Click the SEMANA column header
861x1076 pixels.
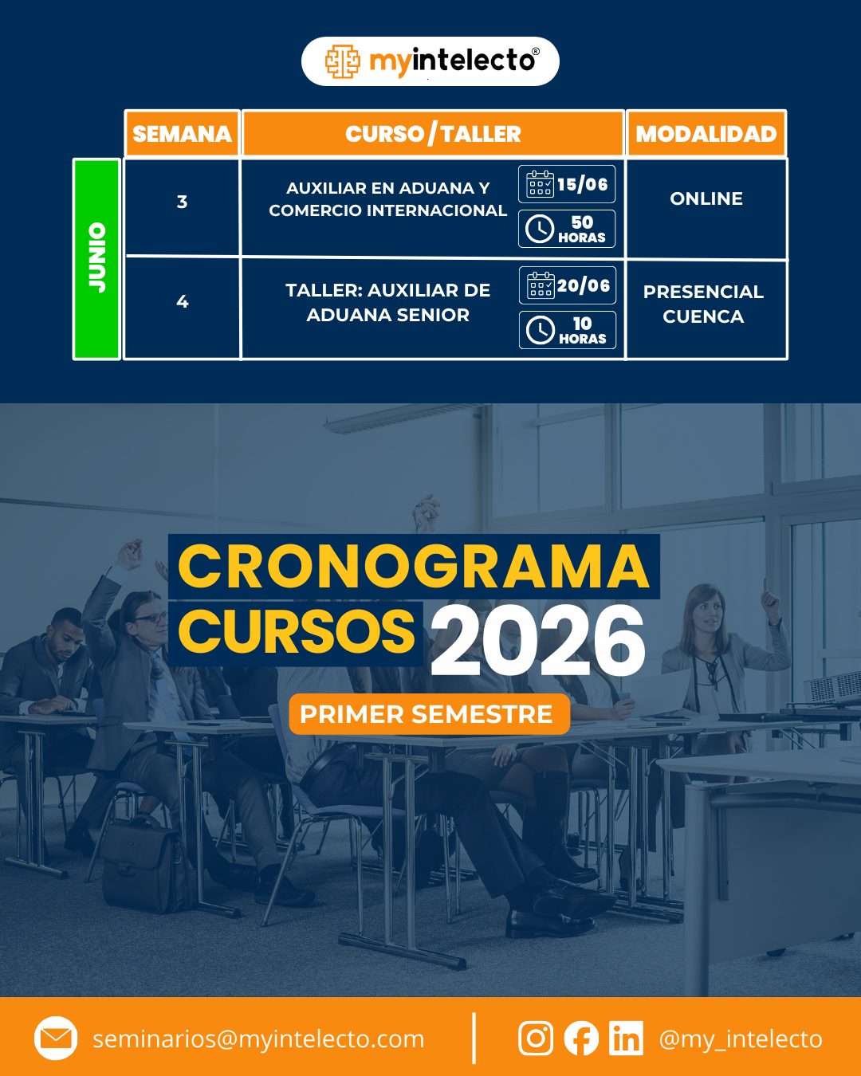[182, 133]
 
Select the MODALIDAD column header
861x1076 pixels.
[706, 133]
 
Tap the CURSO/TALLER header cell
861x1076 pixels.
[433, 133]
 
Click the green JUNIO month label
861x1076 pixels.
[96, 258]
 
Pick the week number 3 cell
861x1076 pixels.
[182, 202]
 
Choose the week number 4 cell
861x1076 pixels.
[182, 301]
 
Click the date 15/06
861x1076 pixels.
[582, 184]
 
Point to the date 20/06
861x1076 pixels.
[584, 285]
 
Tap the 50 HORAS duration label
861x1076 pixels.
[582, 229]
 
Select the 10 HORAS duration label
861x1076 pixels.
[582, 331]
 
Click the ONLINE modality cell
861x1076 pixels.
[706, 198]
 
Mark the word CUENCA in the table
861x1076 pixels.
[703, 316]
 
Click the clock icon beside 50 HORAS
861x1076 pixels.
[539, 229]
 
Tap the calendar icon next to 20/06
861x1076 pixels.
[541, 285]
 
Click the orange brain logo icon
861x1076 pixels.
[343, 61]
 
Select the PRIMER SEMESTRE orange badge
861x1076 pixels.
[429, 714]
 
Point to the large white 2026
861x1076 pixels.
[538, 640]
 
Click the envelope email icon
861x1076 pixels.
[56, 1038]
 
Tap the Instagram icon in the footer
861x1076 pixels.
[536, 1038]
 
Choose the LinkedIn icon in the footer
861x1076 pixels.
[626, 1038]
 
